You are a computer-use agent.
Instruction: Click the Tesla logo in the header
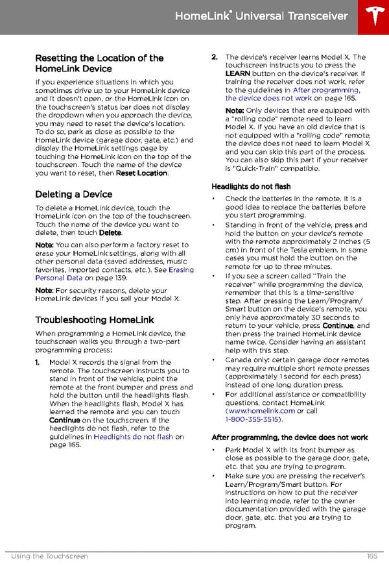[374, 17]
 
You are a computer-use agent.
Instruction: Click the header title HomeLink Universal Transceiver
[261, 16]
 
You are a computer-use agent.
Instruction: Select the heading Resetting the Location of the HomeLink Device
[99, 63]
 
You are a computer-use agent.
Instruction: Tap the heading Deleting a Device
[73, 194]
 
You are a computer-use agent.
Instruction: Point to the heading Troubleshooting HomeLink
[94, 319]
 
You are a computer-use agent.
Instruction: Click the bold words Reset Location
[141, 173]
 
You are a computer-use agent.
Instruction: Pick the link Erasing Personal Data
[114, 274]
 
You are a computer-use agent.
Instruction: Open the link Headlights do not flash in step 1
[133, 437]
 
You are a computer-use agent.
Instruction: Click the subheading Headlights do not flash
[251, 186]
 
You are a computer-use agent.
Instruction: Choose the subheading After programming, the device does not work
[289, 437]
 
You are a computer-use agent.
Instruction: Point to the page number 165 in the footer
[371, 556]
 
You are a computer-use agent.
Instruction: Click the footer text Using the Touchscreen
[49, 556]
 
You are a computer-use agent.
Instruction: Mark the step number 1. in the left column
[38, 362]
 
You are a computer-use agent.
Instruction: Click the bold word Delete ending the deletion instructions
[110, 232]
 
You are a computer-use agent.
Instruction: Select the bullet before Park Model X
[214, 450]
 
